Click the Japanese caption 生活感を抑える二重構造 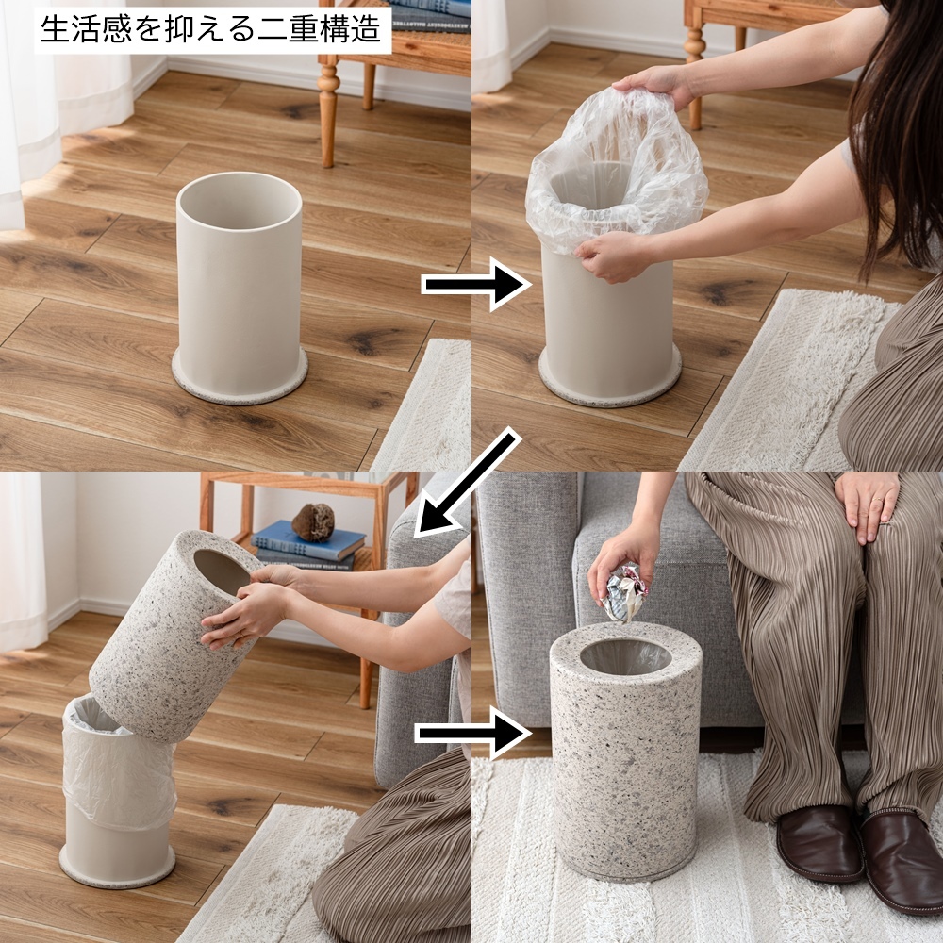(x=210, y=29)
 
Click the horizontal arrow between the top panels (x=475, y=284)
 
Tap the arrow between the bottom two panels (x=473, y=733)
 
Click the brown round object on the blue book (x=313, y=521)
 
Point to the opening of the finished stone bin (x=625, y=656)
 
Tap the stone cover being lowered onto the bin (x=174, y=635)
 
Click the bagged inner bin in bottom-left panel (x=118, y=791)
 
